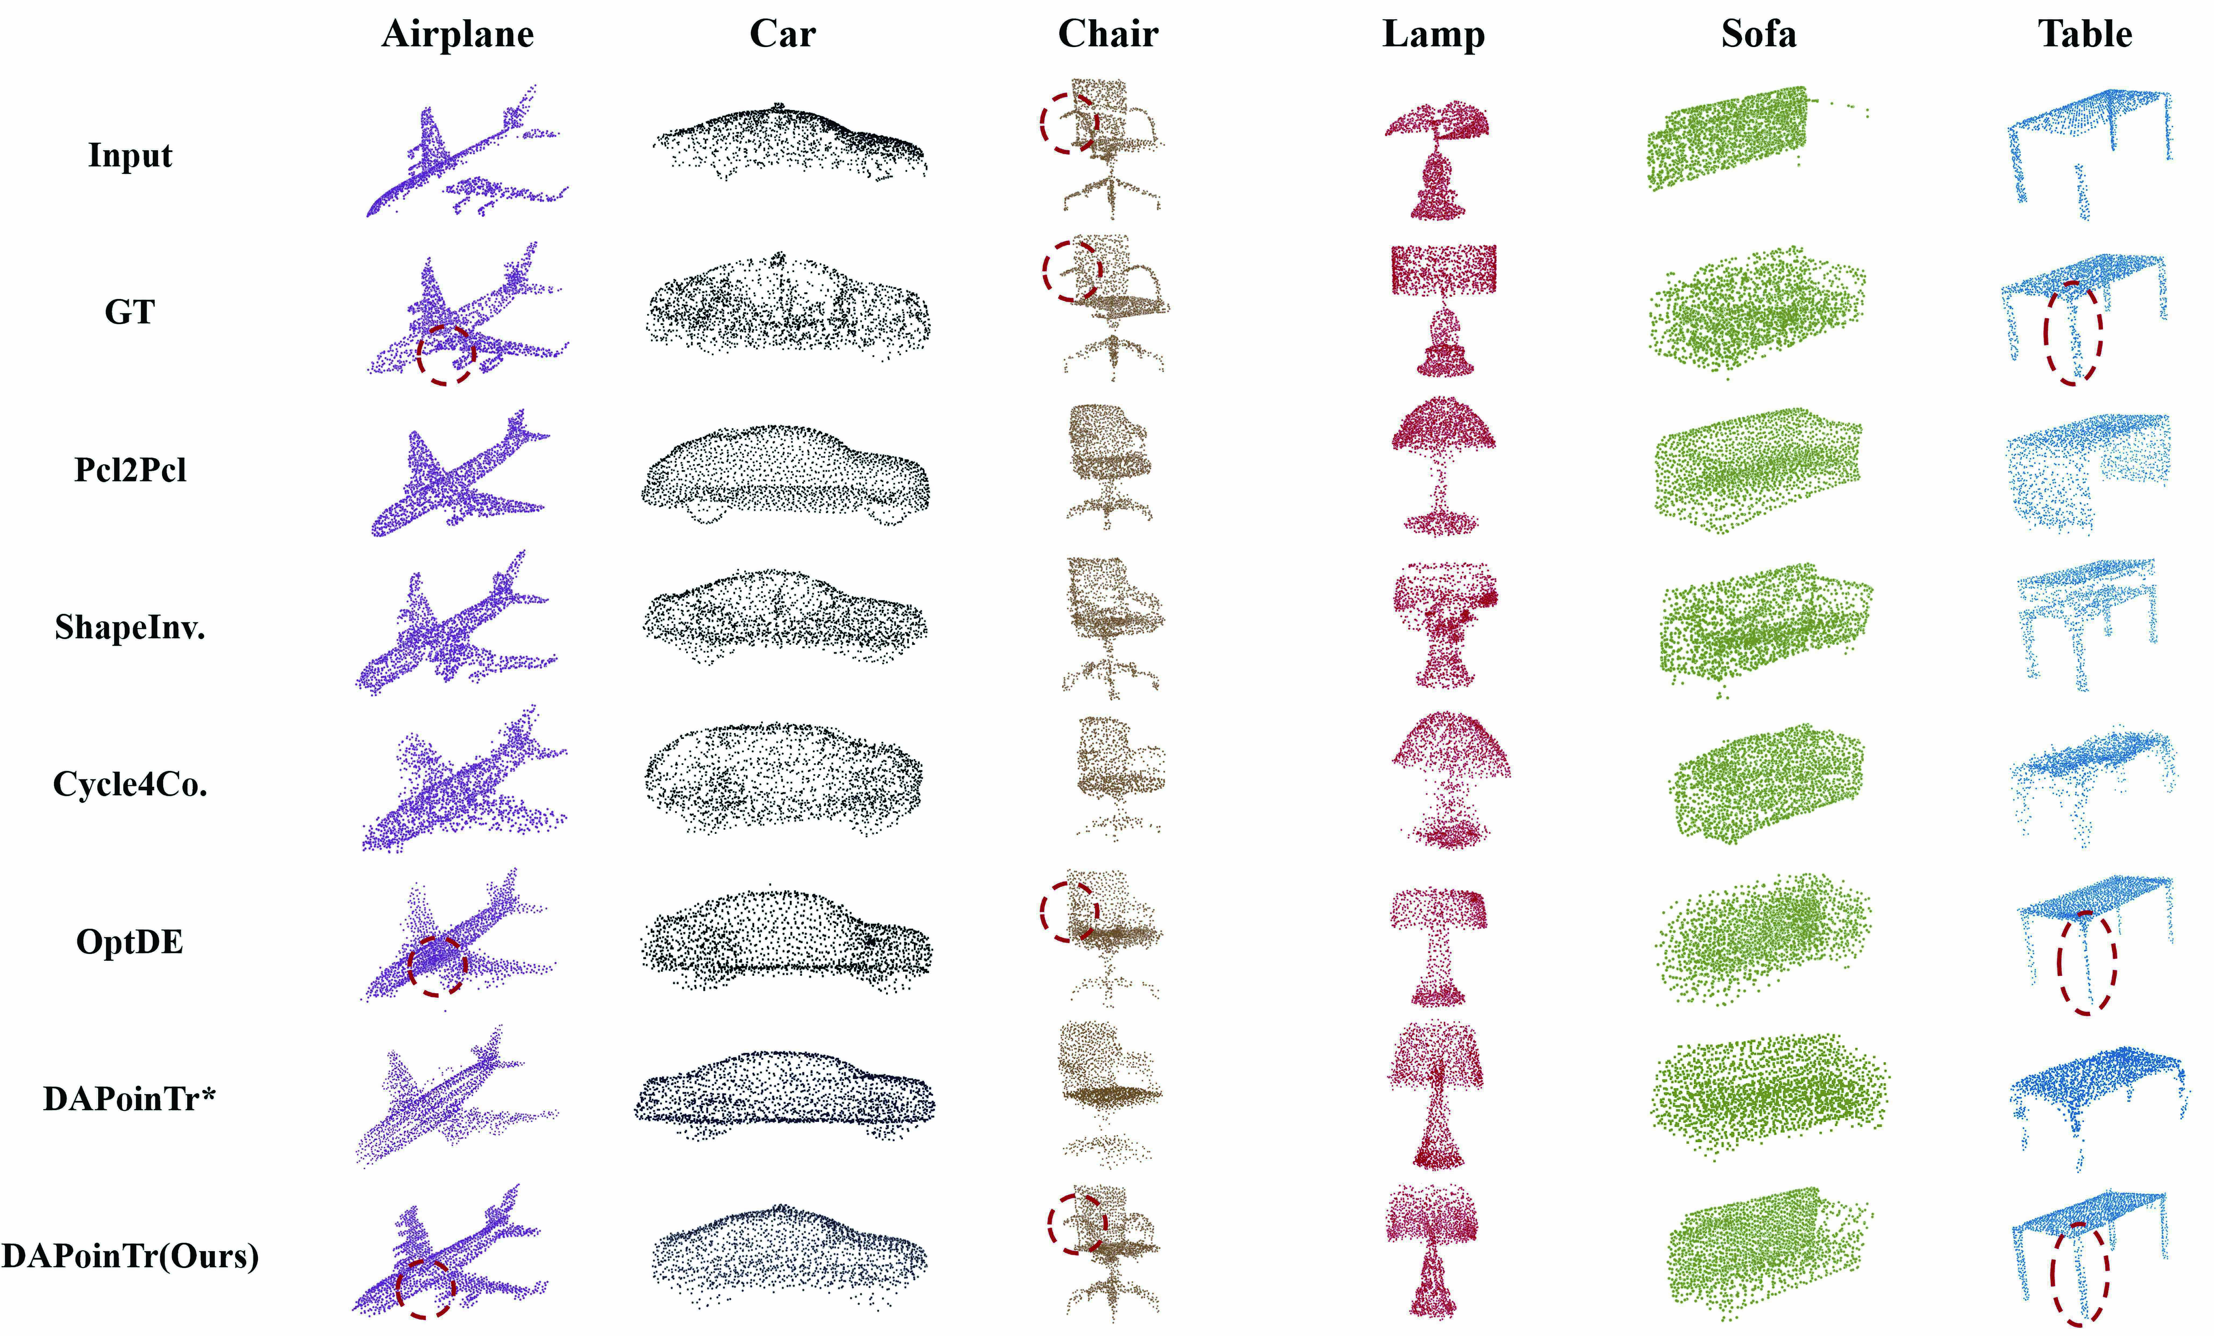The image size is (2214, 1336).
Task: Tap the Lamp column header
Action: pos(1433,34)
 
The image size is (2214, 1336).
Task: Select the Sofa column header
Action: pos(1758,34)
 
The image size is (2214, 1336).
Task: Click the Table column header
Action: pos(2085,34)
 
